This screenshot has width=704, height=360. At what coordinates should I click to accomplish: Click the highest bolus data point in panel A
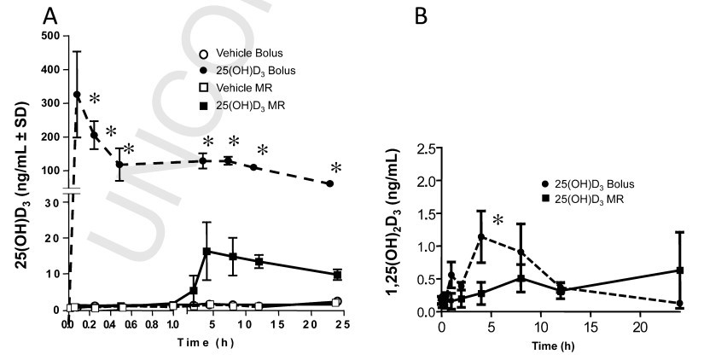tap(77, 95)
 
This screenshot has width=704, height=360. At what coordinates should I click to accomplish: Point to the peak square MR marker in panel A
tap(207, 252)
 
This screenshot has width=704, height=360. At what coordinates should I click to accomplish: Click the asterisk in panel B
tap(497, 221)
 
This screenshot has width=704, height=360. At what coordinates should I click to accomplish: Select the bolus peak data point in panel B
tap(481, 237)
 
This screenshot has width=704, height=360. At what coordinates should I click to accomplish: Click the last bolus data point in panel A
tap(330, 183)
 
